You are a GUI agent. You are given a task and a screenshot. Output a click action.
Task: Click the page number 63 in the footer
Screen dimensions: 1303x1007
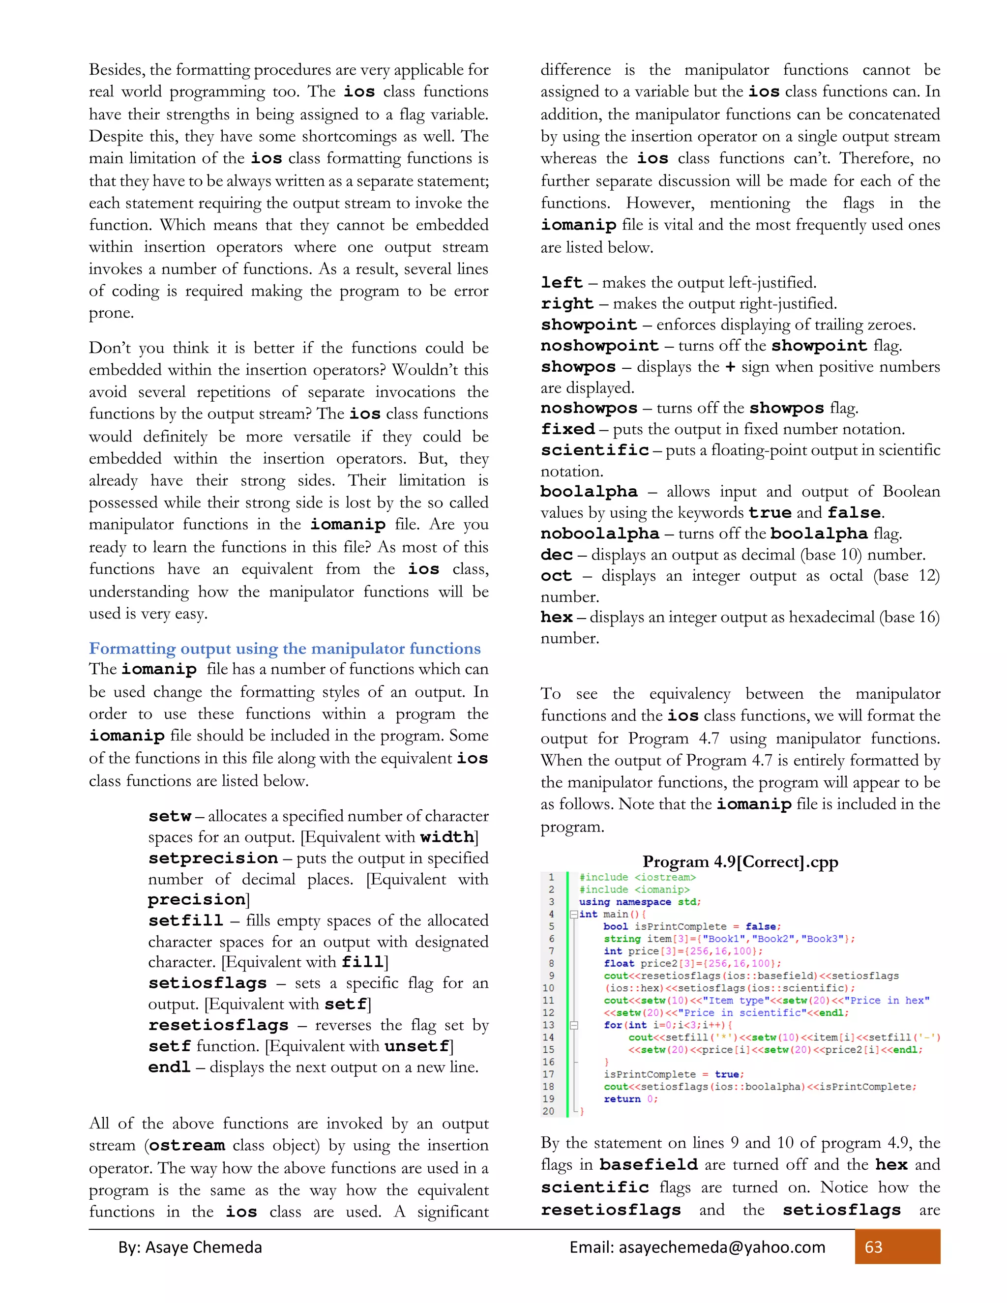pyautogui.click(x=873, y=1247)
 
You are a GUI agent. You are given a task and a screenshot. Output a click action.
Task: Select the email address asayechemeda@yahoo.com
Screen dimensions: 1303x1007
pyautogui.click(x=722, y=1247)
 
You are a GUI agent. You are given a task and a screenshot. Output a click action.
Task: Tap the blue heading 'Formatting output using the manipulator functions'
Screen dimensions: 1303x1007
pyautogui.click(x=285, y=649)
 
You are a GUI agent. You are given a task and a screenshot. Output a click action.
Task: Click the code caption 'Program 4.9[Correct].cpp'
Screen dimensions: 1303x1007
pyautogui.click(x=740, y=861)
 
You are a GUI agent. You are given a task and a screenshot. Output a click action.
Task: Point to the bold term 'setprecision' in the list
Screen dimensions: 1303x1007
pyautogui.click(x=213, y=859)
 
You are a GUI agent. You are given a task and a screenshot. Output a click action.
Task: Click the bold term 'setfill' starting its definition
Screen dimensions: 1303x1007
pyautogui.click(x=185, y=920)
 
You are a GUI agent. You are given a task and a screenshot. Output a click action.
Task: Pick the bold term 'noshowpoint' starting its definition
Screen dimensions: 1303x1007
pyautogui.click(x=599, y=346)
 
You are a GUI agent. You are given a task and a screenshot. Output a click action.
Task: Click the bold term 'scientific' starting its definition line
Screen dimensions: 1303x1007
pyautogui.click(x=595, y=450)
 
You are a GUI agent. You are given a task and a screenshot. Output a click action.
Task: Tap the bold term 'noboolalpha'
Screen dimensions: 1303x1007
pyautogui.click(x=599, y=533)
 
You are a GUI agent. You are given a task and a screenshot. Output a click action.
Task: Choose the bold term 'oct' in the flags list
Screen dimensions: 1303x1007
pyautogui.click(x=556, y=576)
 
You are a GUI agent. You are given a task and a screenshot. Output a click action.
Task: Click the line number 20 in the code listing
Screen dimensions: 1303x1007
pyautogui.click(x=548, y=1111)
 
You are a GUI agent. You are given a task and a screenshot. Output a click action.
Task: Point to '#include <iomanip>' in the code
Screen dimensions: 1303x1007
pyautogui.click(x=634, y=889)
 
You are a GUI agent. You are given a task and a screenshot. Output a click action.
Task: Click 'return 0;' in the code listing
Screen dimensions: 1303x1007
pyautogui.click(x=630, y=1098)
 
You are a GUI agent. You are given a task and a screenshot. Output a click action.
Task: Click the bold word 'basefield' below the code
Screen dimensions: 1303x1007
pyautogui.click(x=649, y=1164)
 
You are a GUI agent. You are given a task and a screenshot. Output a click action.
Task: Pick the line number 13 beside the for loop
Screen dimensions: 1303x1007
pyautogui.click(x=548, y=1025)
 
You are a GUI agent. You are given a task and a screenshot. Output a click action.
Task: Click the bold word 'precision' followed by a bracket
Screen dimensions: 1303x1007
pyautogui.click(x=197, y=900)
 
